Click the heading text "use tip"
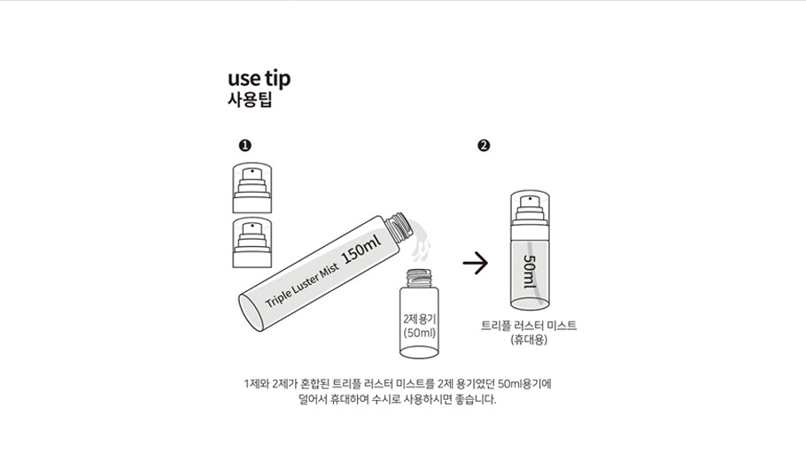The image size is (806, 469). tap(259, 79)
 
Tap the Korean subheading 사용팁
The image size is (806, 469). tap(249, 99)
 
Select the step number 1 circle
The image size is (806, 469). tap(245, 145)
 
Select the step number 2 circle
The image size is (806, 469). tap(484, 145)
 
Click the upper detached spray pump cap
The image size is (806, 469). tap(252, 188)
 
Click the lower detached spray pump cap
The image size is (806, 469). tap(252, 242)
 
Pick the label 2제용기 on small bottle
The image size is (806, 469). tap(420, 319)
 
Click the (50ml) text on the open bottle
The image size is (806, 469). tap(420, 333)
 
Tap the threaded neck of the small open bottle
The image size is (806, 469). tap(420, 279)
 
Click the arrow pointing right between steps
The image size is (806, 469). tap(476, 263)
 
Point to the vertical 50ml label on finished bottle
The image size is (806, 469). tap(530, 272)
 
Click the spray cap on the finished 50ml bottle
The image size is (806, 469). tap(530, 208)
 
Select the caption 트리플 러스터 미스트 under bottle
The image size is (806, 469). tap(529, 326)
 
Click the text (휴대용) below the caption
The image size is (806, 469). tap(529, 340)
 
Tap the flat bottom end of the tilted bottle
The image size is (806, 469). tap(252, 313)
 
